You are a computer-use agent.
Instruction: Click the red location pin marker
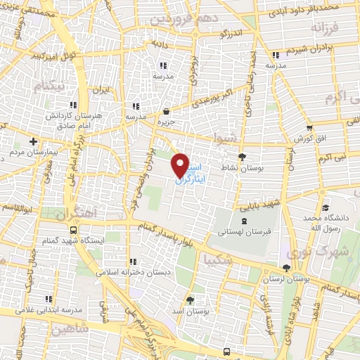(x=181, y=165)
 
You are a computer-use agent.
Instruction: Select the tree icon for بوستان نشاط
(x=243, y=157)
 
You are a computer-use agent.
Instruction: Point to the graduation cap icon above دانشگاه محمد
(x=325, y=207)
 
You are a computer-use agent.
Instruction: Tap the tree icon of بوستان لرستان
(x=286, y=268)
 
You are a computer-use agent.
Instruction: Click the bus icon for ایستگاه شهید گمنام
(x=74, y=229)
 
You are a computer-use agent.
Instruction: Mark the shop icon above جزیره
(x=166, y=111)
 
